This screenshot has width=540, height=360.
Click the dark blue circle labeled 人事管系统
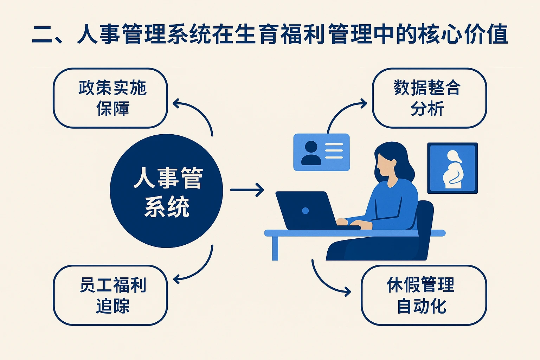pos(166,191)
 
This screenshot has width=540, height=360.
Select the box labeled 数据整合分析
pos(429,98)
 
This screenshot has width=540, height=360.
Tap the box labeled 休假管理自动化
pos(424,295)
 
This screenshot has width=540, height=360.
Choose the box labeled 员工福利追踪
pos(110,295)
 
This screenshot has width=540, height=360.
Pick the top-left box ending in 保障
pos(110,98)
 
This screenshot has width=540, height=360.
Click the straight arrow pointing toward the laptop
pos(247,190)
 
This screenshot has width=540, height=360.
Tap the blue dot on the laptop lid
pos(305,211)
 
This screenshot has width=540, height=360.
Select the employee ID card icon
pos(321,152)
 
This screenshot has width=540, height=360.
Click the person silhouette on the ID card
pos(311,153)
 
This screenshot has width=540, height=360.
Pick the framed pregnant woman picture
pos(452,168)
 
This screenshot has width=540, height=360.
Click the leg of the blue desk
pos(275,248)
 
